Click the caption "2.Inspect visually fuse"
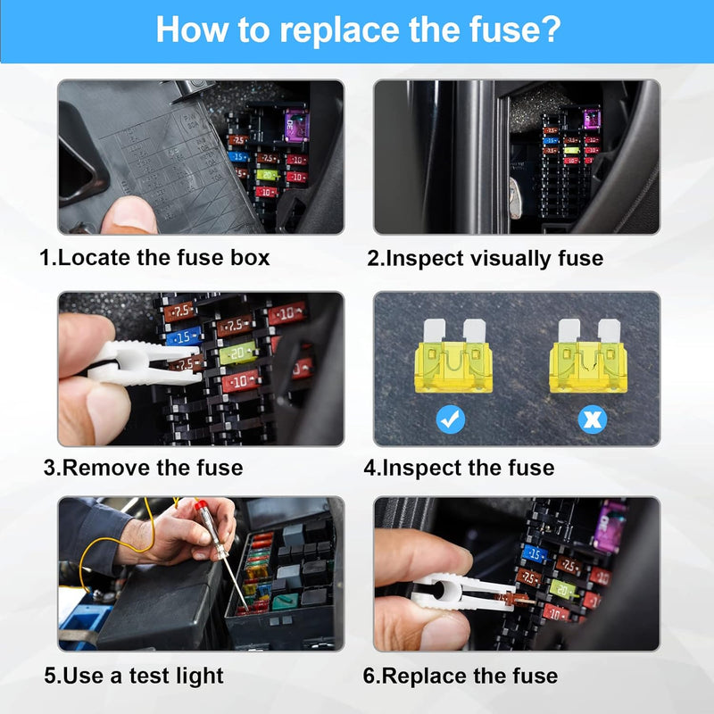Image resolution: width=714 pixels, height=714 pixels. point(486,259)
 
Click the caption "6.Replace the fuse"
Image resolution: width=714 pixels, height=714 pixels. point(461,676)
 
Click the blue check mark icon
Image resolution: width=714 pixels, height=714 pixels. point(451,418)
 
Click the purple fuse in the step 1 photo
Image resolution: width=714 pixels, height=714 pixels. point(295,124)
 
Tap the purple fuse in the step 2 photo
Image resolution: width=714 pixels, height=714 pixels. point(591,120)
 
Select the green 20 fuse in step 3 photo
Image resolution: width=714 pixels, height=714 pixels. point(237,353)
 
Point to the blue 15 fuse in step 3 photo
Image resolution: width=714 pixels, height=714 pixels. point(183,338)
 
